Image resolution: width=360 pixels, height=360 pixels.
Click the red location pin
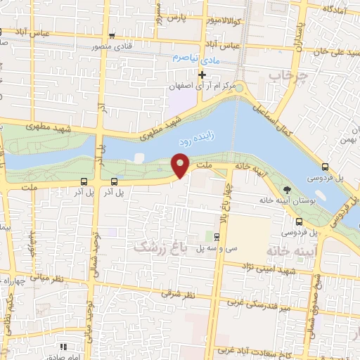click(x=181, y=165)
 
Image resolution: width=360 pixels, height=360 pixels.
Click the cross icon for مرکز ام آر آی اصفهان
click(x=202, y=75)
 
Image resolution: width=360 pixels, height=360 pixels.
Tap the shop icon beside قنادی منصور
click(x=112, y=36)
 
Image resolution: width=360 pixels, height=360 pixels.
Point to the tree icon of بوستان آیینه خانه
click(x=286, y=189)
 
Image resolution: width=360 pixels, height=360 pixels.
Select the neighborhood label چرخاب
click(x=293, y=75)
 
